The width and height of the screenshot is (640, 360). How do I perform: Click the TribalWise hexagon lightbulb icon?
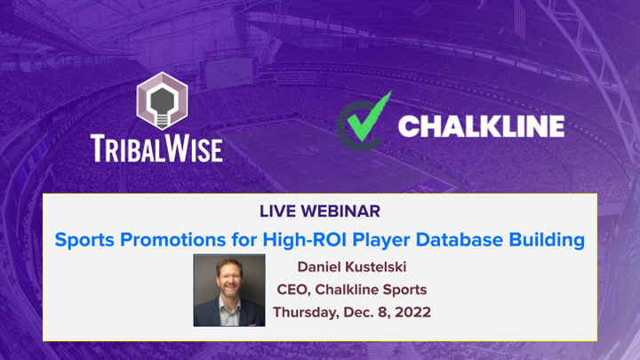coord(162,100)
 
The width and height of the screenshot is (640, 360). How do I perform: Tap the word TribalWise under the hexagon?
coord(156,148)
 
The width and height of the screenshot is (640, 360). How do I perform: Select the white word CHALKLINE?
coord(481,126)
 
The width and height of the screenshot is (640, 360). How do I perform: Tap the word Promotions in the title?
coord(173,240)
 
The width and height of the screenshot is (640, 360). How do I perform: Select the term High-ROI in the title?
coord(305,239)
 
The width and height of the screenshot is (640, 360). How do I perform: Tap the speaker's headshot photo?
coord(229,290)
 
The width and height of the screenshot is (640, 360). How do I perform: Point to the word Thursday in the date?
coord(306,312)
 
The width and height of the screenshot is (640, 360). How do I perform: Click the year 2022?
coord(413,312)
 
